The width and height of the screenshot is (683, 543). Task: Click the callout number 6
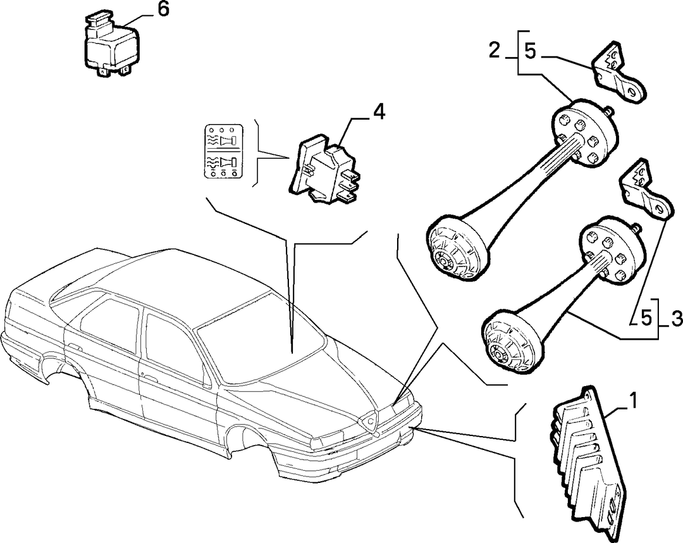pyautogui.click(x=163, y=9)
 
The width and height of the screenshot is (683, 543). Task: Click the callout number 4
pyautogui.click(x=379, y=113)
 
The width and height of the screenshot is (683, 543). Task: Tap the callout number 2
pyautogui.click(x=495, y=51)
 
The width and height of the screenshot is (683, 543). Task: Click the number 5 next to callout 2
pyautogui.click(x=530, y=51)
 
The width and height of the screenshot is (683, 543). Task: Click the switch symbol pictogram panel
pyautogui.click(x=223, y=152)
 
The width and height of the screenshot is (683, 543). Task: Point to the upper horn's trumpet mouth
pyautogui.click(x=455, y=246)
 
